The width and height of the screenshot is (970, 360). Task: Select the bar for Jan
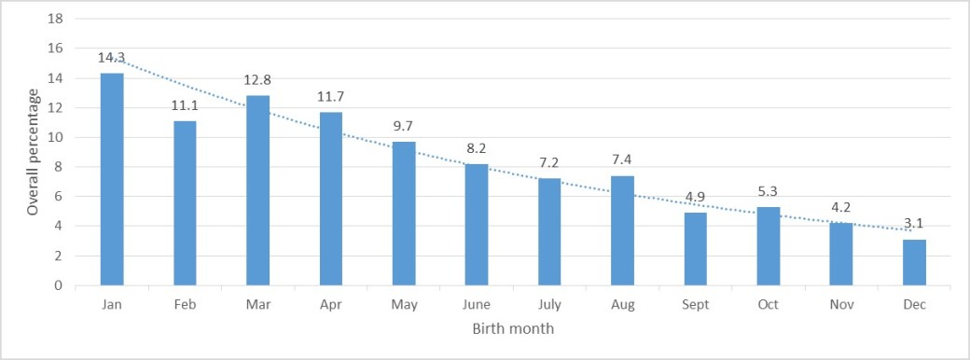[112, 179]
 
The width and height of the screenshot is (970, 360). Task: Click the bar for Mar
[258, 190]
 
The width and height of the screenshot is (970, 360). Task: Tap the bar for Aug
[623, 230]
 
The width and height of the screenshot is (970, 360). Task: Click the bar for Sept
[696, 249]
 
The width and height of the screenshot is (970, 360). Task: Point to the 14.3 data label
[112, 58]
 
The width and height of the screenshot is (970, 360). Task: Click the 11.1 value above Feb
[185, 105]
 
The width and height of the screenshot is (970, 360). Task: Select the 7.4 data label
[623, 160]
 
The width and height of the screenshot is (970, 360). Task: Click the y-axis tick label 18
[55, 19]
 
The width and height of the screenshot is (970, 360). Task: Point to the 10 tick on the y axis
[55, 137]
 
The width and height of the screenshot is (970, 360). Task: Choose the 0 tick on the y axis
[59, 285]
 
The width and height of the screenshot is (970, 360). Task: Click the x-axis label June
[477, 304]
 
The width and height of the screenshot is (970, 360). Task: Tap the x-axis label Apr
[331, 304]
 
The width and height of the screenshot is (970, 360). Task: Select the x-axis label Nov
[842, 304]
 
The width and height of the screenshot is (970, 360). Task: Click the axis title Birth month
[514, 328]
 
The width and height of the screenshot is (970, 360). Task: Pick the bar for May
[404, 214]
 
